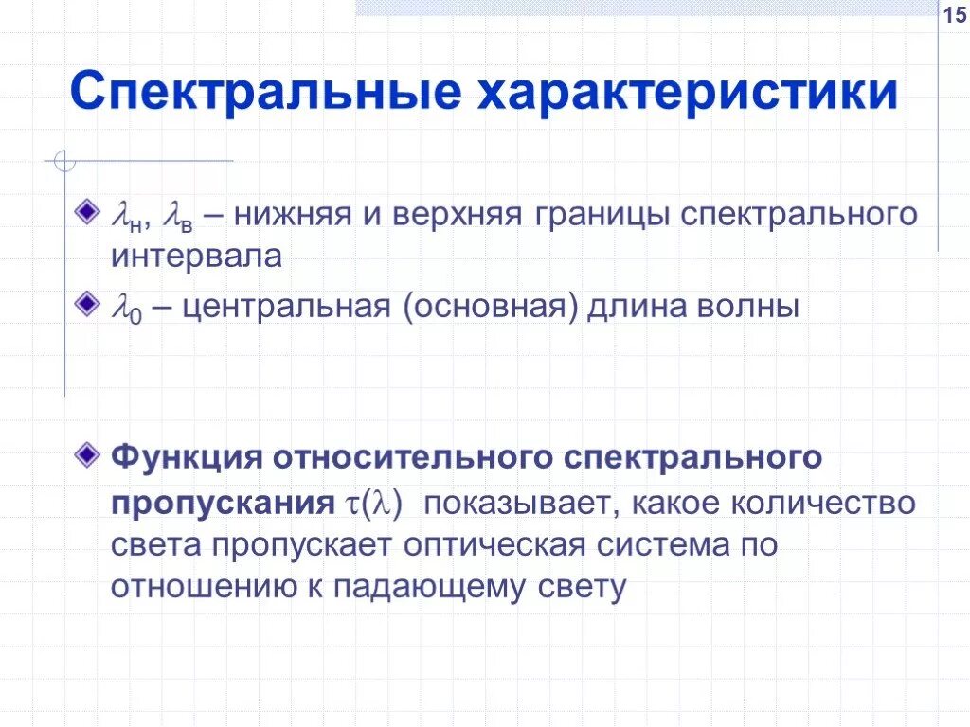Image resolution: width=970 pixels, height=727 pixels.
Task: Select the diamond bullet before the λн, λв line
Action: [x=90, y=207]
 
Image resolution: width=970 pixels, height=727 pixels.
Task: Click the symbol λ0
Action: [x=126, y=309]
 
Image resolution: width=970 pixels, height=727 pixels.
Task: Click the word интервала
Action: [x=196, y=257]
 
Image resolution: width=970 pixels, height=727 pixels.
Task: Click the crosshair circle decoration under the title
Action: [x=64, y=162]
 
